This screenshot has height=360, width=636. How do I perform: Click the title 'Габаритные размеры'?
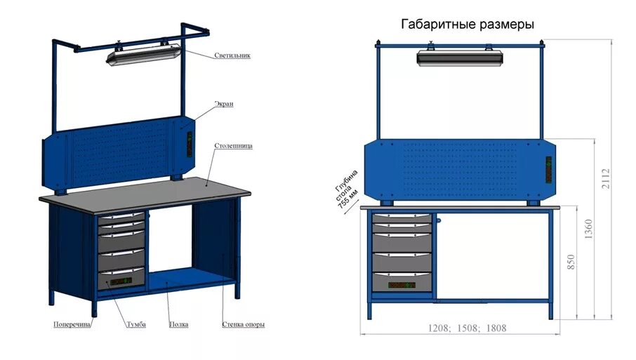click(468, 25)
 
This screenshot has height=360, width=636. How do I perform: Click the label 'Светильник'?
click(232, 55)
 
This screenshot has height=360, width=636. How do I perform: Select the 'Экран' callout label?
click(224, 104)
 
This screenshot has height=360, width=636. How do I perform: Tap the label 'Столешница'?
click(233, 146)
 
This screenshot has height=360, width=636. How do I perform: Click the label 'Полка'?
click(178, 324)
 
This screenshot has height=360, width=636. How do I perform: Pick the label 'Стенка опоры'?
click(243, 324)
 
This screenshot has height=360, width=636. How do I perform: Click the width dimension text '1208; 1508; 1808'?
click(467, 328)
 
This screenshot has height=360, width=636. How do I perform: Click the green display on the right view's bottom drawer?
click(401, 286)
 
